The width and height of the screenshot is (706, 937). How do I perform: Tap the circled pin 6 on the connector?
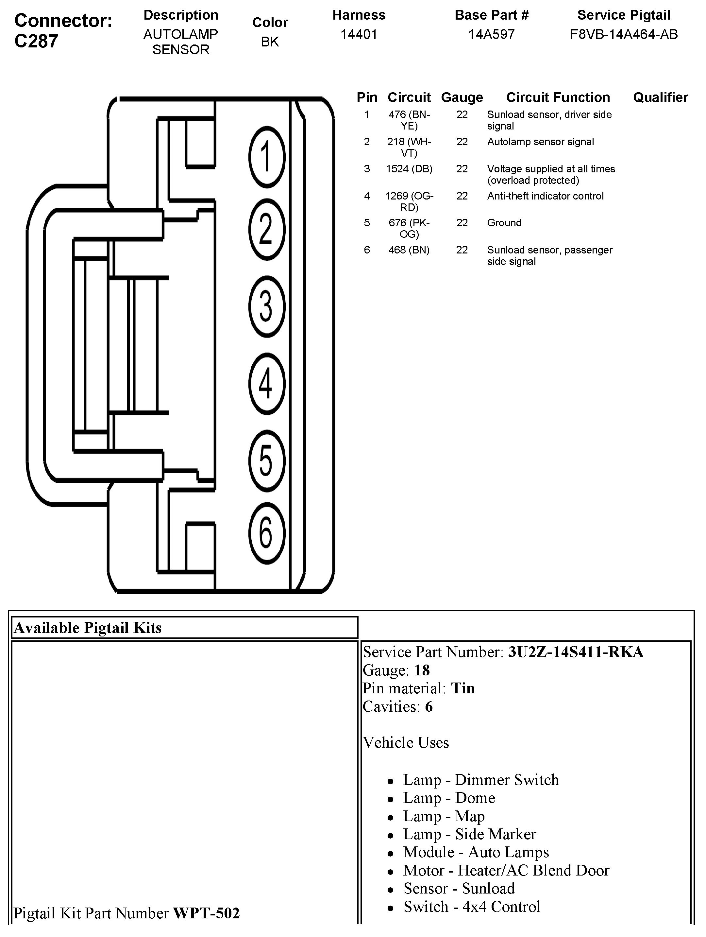(267, 534)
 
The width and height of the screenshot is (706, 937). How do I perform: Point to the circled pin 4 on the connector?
(267, 383)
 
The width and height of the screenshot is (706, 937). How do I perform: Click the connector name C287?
(36, 42)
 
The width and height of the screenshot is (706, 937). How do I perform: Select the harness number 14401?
(359, 34)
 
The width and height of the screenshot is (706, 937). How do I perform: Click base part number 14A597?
(491, 34)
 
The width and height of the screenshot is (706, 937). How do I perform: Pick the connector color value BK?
(270, 42)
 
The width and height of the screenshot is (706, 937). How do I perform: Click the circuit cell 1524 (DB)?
(409, 169)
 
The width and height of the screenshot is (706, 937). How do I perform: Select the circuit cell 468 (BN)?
(409, 250)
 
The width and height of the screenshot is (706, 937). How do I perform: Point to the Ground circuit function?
(504, 223)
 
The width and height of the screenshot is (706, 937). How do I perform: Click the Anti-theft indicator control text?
(545, 196)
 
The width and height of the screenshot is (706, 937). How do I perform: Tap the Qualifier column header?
(660, 97)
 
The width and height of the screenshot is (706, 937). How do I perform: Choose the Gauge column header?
(462, 97)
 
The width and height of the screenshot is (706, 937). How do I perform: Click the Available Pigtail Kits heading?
(88, 627)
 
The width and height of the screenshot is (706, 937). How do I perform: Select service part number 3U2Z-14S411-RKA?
(576, 652)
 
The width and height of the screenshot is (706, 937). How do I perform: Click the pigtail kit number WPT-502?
(206, 912)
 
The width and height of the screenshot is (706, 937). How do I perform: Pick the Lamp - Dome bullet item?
(449, 798)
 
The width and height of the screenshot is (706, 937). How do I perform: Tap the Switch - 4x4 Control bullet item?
(472, 907)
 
